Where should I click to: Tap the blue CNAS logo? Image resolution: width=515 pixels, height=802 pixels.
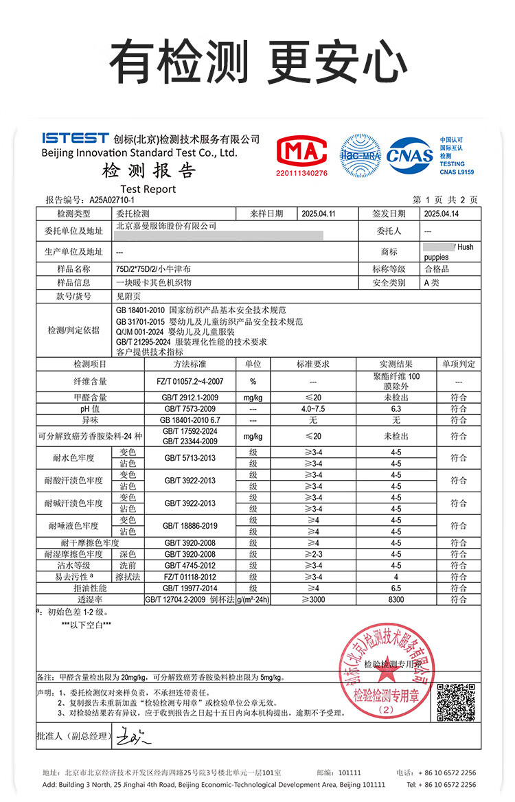point(410,155)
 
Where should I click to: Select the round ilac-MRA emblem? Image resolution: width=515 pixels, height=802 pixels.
point(360,155)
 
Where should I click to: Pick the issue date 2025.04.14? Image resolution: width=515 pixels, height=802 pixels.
point(442,214)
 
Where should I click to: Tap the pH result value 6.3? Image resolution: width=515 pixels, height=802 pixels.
point(396,409)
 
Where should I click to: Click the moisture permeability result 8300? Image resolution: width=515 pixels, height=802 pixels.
point(396,599)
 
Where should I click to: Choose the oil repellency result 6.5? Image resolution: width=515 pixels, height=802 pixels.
point(396,588)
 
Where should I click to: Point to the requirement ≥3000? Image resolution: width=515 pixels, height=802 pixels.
point(312,599)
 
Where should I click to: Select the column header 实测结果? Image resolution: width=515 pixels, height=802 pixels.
point(396,364)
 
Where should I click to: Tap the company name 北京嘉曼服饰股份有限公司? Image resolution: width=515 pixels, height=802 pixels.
point(166,225)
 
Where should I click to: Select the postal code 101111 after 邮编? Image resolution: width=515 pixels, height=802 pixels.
point(350,772)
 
